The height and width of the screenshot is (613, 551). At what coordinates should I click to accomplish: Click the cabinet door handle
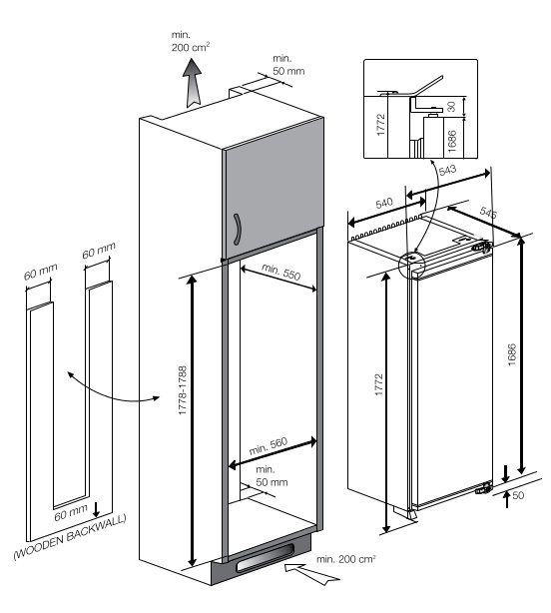(x=237, y=230)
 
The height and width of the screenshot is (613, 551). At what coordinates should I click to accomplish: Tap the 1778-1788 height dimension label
(x=183, y=390)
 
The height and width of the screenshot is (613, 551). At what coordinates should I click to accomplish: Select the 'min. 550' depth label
(x=280, y=272)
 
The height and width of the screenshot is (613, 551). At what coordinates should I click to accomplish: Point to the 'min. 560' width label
(x=269, y=445)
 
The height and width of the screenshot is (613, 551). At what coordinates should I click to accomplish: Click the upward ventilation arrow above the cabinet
(x=193, y=83)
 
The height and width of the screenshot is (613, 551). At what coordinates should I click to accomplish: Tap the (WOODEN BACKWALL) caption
(x=70, y=537)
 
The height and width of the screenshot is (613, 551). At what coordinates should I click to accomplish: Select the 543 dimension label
(x=447, y=170)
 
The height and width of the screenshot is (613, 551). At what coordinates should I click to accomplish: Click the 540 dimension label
(x=383, y=204)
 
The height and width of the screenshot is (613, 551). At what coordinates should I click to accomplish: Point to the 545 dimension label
(x=488, y=213)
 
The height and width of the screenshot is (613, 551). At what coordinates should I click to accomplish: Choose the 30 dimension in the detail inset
(x=451, y=107)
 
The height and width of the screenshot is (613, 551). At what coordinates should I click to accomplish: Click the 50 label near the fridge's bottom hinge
(x=518, y=495)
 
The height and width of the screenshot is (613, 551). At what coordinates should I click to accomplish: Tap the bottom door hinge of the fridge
(x=484, y=488)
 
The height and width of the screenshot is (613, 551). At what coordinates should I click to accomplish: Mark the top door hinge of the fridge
(x=482, y=246)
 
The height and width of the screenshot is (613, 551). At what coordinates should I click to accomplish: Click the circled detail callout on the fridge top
(x=411, y=265)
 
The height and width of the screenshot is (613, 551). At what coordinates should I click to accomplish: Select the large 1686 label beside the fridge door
(x=512, y=354)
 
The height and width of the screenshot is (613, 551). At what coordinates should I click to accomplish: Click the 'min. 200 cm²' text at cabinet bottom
(x=345, y=559)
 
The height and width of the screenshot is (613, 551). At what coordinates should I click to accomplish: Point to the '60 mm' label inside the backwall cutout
(x=71, y=513)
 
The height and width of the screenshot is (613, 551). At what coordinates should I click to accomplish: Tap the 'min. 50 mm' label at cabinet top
(x=288, y=65)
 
